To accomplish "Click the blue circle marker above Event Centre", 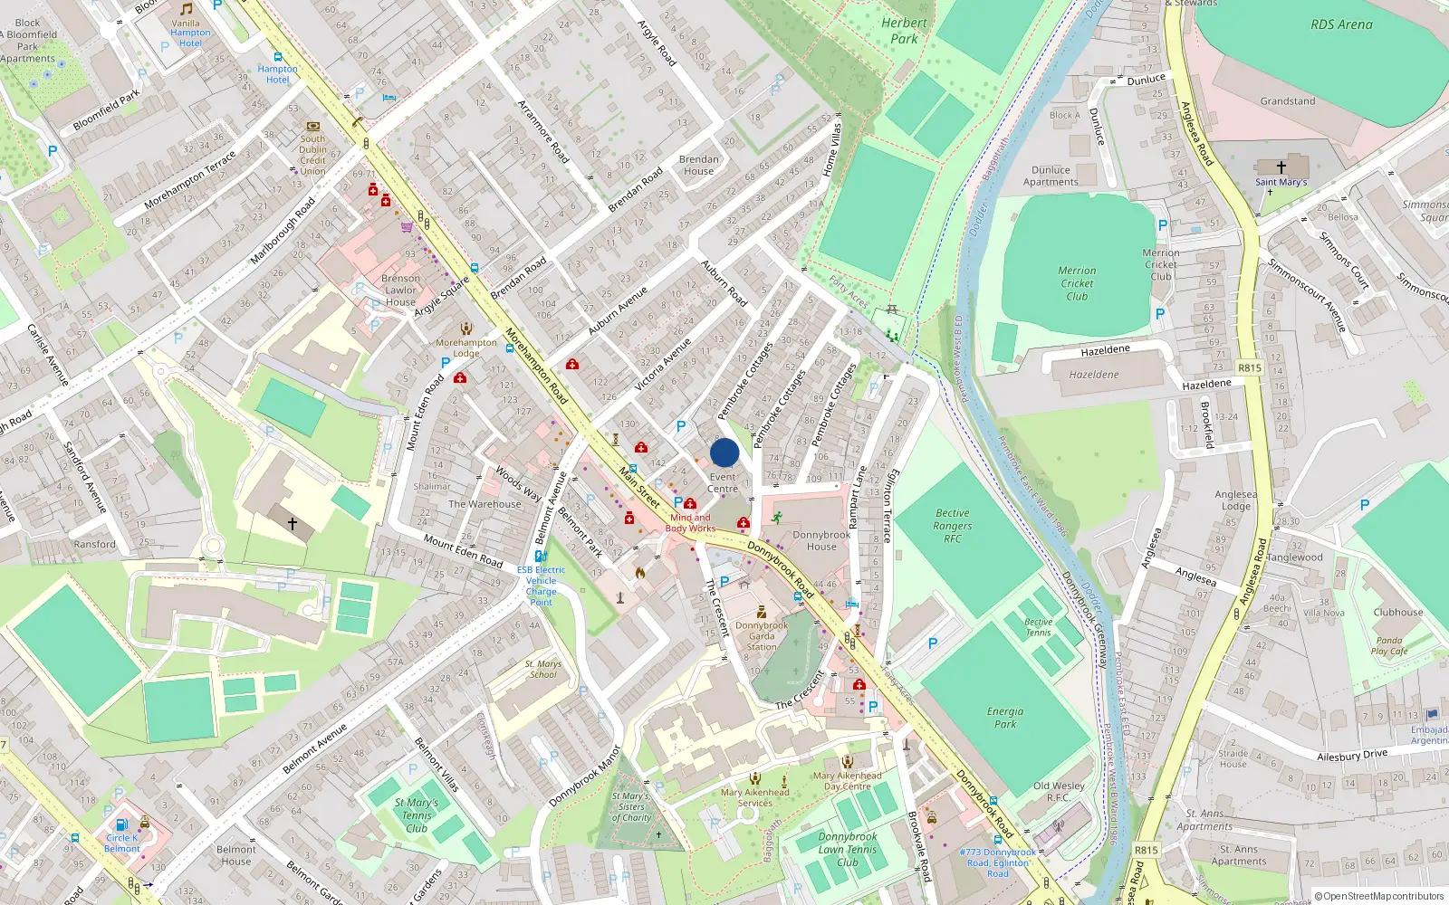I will click(x=724, y=452).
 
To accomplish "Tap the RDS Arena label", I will click(x=1341, y=24).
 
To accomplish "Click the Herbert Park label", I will click(x=904, y=31).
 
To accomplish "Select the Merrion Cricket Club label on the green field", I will click(x=1077, y=283).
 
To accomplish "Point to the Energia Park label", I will click(x=1005, y=718).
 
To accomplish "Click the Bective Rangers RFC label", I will click(x=953, y=526).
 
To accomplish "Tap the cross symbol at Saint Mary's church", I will click(x=1281, y=167).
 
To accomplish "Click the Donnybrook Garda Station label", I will click(x=762, y=635).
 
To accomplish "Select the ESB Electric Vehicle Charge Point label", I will click(x=541, y=586).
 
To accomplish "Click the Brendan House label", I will click(x=698, y=165).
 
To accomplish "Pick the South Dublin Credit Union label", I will click(x=312, y=155).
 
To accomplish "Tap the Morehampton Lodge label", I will click(x=466, y=348).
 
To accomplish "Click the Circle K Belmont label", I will click(x=122, y=843).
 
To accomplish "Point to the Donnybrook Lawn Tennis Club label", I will click(x=848, y=849).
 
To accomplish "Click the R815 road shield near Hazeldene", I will click(x=1249, y=367).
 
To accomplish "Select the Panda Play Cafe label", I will click(x=1389, y=645).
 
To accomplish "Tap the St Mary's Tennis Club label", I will click(x=417, y=814).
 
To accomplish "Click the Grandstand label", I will click(x=1287, y=101).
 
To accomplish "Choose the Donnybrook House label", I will click(x=821, y=540).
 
